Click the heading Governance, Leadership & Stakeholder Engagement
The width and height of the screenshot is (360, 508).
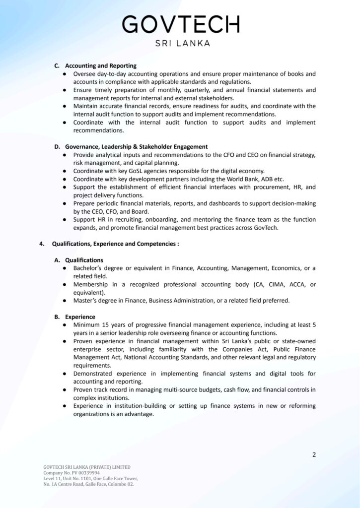[136, 147]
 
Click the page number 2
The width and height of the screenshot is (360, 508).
[314, 454]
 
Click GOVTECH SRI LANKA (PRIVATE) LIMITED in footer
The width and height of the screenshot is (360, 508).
[87, 467]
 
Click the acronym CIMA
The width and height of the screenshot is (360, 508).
[276, 284]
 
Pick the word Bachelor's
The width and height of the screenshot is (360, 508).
[89, 268]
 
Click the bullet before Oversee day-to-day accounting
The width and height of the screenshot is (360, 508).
[65, 74]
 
